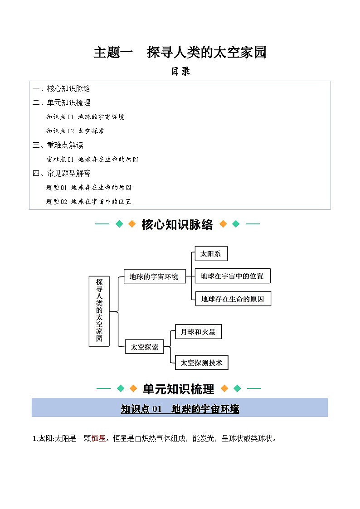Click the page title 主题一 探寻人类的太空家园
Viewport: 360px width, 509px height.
180,53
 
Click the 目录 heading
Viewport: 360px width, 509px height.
180,72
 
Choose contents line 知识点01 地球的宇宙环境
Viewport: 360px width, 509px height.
85,117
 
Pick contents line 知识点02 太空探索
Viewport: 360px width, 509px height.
75,131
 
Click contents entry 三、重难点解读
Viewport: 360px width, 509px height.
58,145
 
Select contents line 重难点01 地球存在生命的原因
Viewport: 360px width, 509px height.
92,160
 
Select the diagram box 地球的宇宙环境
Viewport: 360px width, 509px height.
154,276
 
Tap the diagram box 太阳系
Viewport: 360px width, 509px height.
211,254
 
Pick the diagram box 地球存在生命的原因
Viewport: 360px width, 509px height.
233,299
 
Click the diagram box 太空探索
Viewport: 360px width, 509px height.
144,347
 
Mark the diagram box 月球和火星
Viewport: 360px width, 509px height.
198,332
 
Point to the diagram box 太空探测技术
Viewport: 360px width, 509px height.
201,363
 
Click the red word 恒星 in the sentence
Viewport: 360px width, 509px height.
98,438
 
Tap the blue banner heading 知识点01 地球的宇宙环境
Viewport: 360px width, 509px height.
180,409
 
